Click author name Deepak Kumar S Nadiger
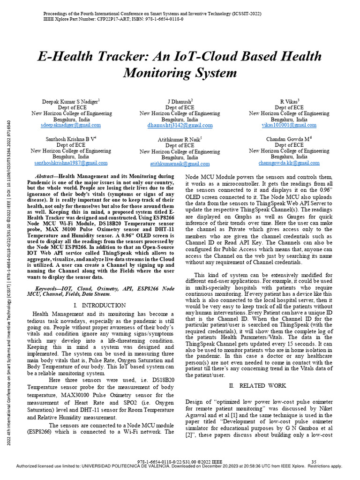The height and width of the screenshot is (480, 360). click(70, 101)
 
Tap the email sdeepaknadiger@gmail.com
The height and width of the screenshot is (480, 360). click(72, 125)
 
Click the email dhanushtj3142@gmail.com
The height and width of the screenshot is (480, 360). click(180, 125)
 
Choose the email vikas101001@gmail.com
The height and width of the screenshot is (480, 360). click(289, 125)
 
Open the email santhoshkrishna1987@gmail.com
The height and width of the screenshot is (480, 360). click(71, 163)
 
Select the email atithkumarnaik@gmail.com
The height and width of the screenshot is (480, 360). click(180, 164)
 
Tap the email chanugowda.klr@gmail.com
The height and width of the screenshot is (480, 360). click(289, 163)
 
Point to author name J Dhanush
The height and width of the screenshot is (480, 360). click(180, 101)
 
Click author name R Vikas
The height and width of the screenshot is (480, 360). click(289, 101)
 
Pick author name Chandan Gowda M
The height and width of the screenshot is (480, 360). click(288, 139)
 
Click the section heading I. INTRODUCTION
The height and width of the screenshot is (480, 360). click(100, 305)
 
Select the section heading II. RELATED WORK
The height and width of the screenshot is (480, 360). click(257, 385)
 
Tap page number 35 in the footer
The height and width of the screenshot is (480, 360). click(314, 462)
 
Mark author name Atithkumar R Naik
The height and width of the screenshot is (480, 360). click(179, 139)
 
